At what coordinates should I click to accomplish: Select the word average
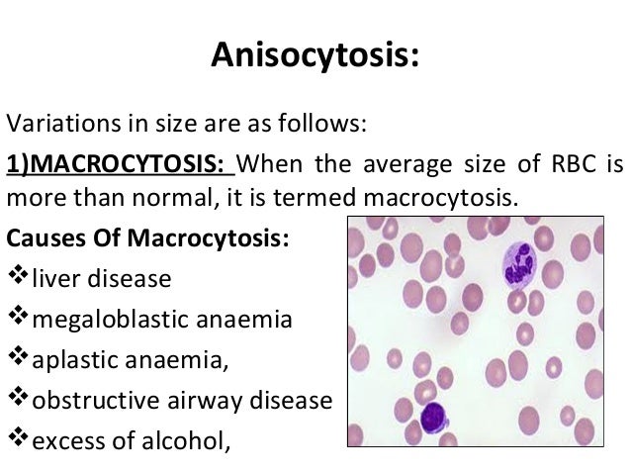click(406, 161)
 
